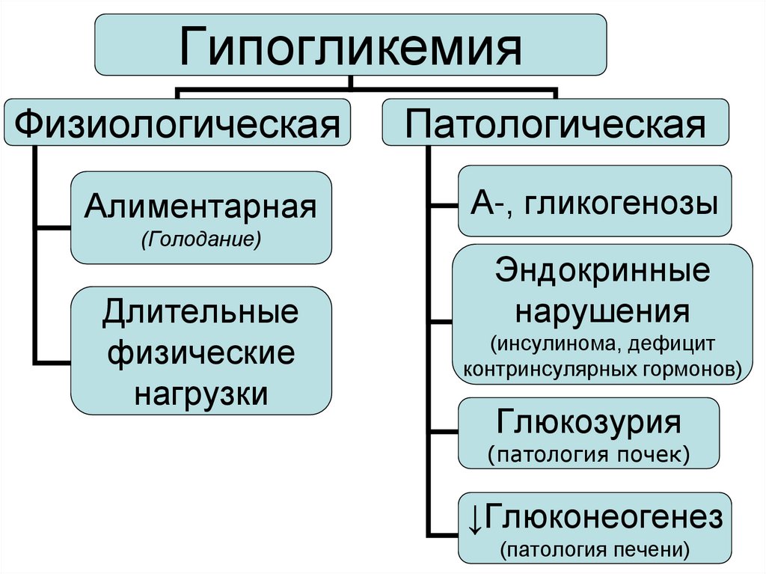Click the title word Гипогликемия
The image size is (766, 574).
coord(350,46)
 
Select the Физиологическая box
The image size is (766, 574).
coord(177,121)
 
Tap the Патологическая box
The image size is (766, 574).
coord(555,122)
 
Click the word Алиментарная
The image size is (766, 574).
coord(200,207)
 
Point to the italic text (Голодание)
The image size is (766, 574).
coord(200,241)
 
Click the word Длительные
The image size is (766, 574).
coord(200,312)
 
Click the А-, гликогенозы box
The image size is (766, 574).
coord(595,201)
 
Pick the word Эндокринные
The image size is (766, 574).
coord(602,271)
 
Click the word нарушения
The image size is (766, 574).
coord(602,308)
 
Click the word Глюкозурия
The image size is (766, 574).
coord(589,423)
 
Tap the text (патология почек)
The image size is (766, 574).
coord(589,454)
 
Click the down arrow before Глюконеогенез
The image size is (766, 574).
coord(475,518)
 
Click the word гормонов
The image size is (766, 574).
coord(696,369)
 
